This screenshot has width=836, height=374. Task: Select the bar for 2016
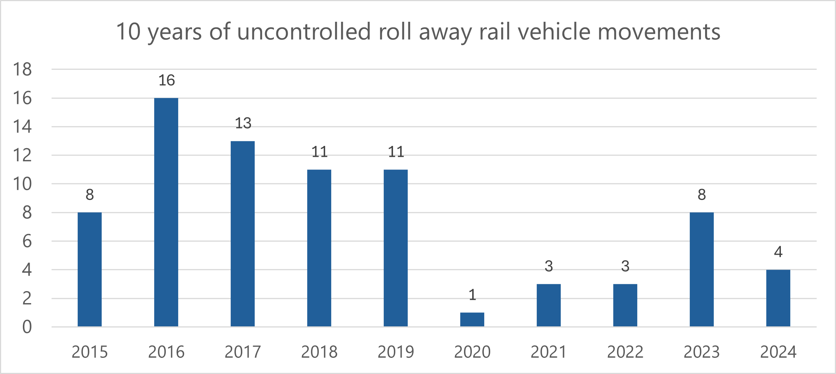tap(166, 212)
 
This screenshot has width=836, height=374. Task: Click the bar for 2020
tap(472, 320)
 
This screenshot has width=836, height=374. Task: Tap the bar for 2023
tap(702, 269)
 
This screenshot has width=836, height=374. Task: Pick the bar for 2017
tap(243, 233)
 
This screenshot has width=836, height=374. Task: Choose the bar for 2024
tap(778, 298)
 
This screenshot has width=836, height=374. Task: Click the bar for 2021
tap(549, 305)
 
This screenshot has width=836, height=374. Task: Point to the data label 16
tap(167, 80)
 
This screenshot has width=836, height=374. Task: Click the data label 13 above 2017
tap(243, 123)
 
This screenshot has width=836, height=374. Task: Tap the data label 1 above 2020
tap(473, 295)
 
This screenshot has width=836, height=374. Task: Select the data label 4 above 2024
tap(778, 252)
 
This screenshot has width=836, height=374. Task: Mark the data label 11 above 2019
tap(396, 152)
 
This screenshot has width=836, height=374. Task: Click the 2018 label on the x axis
tap(319, 352)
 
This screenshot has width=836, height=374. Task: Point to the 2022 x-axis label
tap(625, 352)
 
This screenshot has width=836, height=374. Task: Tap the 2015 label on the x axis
tap(90, 352)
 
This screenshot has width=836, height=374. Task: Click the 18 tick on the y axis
tap(23, 69)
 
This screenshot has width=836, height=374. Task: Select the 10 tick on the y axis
tap(23, 184)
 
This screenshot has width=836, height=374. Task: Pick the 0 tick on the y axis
tap(27, 327)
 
